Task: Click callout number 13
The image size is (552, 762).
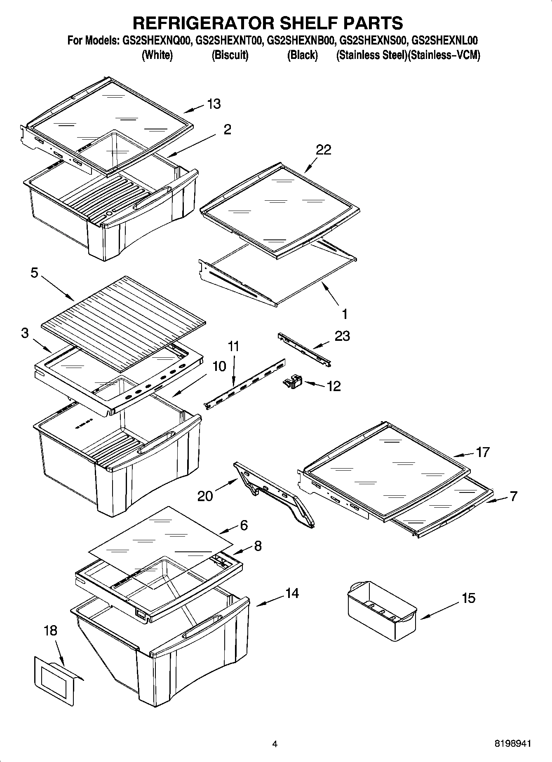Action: (x=214, y=104)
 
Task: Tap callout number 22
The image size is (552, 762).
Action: (x=323, y=150)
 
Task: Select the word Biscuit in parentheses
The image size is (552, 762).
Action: (x=230, y=55)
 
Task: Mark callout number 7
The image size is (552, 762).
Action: (x=513, y=496)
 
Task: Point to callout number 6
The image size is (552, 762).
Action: (x=244, y=525)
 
